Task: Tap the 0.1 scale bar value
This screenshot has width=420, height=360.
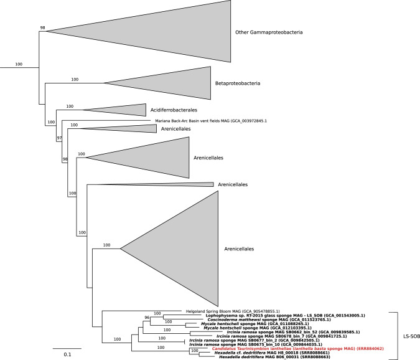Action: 67,354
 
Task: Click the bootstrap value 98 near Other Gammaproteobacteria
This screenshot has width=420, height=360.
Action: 43,27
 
